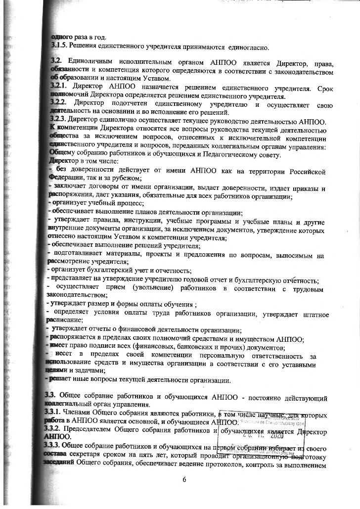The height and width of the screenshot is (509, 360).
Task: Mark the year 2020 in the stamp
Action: coord(275,436)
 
